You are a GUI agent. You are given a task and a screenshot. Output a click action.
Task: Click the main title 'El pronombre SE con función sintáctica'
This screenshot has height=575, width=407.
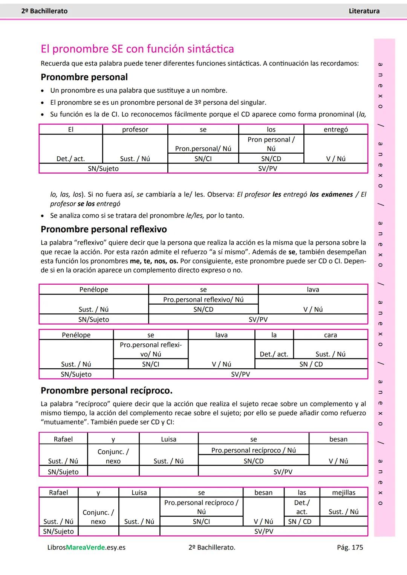(137, 49)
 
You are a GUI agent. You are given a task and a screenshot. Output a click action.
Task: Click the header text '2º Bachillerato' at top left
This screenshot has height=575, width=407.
(44, 11)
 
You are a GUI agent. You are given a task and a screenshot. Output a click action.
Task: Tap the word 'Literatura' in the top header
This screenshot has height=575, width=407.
(364, 11)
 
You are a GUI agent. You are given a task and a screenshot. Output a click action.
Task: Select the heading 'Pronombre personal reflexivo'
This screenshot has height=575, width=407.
(104, 229)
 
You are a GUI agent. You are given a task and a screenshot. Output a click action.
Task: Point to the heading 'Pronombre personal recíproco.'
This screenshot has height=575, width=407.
(106, 390)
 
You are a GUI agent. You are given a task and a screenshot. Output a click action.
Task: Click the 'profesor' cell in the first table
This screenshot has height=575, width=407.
(135, 130)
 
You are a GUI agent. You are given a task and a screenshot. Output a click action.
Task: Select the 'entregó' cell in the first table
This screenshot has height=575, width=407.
(335, 130)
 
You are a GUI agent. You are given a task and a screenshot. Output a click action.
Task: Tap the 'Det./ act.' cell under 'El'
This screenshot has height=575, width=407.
(70, 159)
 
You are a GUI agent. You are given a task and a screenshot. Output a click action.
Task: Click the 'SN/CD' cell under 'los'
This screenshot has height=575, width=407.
(271, 159)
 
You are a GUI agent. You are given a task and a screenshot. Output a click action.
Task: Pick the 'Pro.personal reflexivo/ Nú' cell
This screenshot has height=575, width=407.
(203, 299)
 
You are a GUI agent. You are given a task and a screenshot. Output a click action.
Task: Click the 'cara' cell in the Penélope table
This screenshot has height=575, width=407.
(330, 335)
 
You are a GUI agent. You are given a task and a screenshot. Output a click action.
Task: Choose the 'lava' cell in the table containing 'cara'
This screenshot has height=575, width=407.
(221, 335)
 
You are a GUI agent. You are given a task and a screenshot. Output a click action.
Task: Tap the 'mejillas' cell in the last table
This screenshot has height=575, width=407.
(343, 492)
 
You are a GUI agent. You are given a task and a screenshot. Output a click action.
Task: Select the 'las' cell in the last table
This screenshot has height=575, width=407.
(302, 492)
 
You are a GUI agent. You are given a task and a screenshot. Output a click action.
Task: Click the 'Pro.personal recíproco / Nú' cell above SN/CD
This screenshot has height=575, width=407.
(253, 450)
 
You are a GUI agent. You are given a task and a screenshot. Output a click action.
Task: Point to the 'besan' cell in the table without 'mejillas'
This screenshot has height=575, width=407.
(338, 439)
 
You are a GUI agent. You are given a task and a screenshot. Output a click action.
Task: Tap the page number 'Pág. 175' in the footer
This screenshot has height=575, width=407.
(350, 547)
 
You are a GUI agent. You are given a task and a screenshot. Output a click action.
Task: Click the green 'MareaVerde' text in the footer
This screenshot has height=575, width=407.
(86, 548)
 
